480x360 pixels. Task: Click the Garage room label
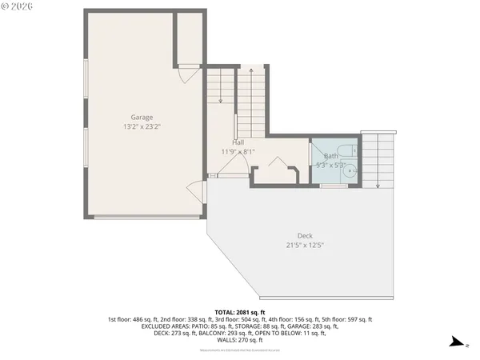point(142,117)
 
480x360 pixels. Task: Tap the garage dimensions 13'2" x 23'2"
point(142,126)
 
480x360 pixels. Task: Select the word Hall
point(238,142)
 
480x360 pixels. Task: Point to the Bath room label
point(330,156)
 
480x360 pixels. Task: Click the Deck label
point(305,235)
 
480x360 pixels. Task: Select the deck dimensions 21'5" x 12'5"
point(305,245)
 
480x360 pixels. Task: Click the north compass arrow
point(456,343)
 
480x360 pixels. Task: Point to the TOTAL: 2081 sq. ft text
point(240,312)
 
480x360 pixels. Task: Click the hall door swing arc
point(234,165)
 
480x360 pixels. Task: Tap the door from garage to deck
point(196,192)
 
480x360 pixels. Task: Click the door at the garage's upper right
point(185,74)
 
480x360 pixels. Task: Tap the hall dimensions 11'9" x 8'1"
point(238,151)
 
